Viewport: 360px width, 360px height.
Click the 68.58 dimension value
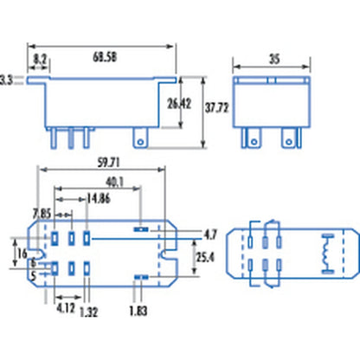click(x=106, y=56)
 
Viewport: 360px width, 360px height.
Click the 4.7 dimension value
click(x=209, y=235)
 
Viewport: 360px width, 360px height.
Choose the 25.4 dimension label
click(x=204, y=258)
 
